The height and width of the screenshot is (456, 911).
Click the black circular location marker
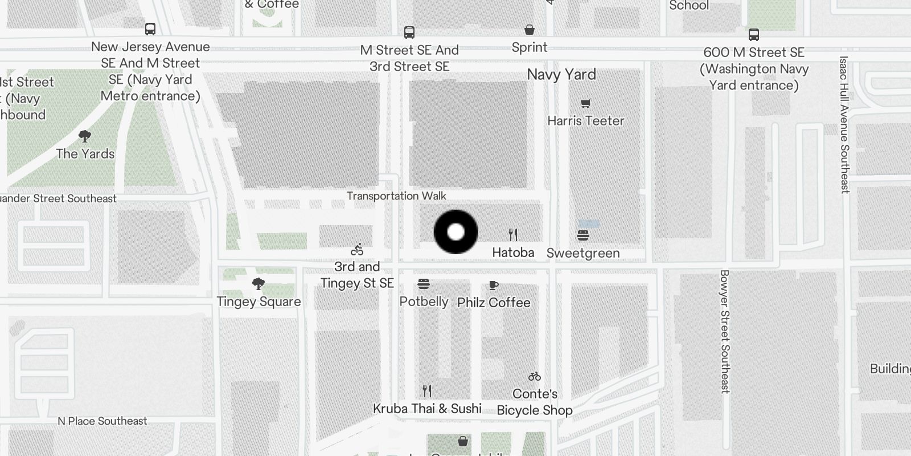[x=455, y=232]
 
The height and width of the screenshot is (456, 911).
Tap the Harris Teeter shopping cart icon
[x=585, y=104]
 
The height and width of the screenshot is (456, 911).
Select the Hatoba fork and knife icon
[x=513, y=234]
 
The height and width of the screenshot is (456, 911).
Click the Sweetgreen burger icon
[x=582, y=235]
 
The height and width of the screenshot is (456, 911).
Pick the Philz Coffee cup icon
[x=494, y=285]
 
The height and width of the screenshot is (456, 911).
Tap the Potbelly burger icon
[x=424, y=284]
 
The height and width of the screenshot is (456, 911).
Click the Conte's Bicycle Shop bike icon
[x=534, y=376]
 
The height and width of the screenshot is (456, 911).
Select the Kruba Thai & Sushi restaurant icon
[x=427, y=390]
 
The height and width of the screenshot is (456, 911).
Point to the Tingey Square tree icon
[x=258, y=283]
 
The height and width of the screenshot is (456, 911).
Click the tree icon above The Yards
[x=85, y=136]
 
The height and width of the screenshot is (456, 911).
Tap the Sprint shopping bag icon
[x=530, y=30]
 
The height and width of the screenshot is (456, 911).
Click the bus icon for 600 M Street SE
[x=754, y=35]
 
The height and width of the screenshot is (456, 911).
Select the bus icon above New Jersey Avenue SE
[x=150, y=29]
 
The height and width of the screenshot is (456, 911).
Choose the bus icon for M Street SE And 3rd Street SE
[x=409, y=32]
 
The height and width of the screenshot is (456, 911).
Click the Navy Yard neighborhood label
[x=561, y=75]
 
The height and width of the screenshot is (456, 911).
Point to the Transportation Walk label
[x=396, y=196]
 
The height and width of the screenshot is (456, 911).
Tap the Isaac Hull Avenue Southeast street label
[x=844, y=124]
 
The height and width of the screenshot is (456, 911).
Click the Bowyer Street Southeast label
[x=725, y=331]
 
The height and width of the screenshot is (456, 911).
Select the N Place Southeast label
[x=102, y=421]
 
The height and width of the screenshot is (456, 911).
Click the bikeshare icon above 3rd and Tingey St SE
[x=357, y=250]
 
